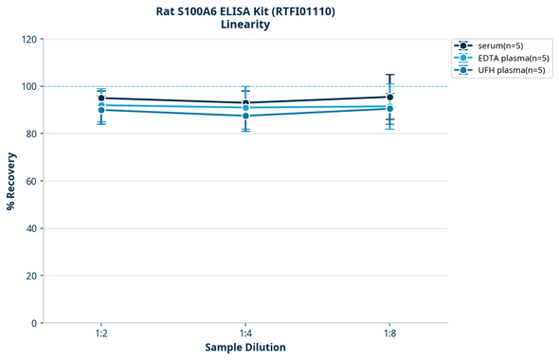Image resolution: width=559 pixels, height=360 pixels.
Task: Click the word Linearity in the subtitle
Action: tap(244, 25)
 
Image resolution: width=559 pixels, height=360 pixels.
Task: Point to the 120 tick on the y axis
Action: tap(28, 39)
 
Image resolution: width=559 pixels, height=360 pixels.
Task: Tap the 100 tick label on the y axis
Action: tap(28, 86)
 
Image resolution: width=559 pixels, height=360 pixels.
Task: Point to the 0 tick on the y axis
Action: tap(34, 323)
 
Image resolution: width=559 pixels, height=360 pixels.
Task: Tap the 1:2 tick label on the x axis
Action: tap(100, 334)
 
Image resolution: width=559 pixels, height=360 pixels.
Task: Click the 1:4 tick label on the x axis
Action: tap(245, 334)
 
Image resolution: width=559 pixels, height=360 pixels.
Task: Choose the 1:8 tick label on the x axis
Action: tap(390, 334)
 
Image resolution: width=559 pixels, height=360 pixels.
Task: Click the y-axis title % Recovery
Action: tap(11, 181)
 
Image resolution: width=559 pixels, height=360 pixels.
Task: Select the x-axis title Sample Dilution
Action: tap(245, 348)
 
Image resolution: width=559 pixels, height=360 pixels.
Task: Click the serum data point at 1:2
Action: tap(100, 98)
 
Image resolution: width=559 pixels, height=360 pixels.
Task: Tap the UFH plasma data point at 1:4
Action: tap(245, 116)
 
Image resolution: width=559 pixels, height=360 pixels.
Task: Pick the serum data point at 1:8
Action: tap(390, 97)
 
